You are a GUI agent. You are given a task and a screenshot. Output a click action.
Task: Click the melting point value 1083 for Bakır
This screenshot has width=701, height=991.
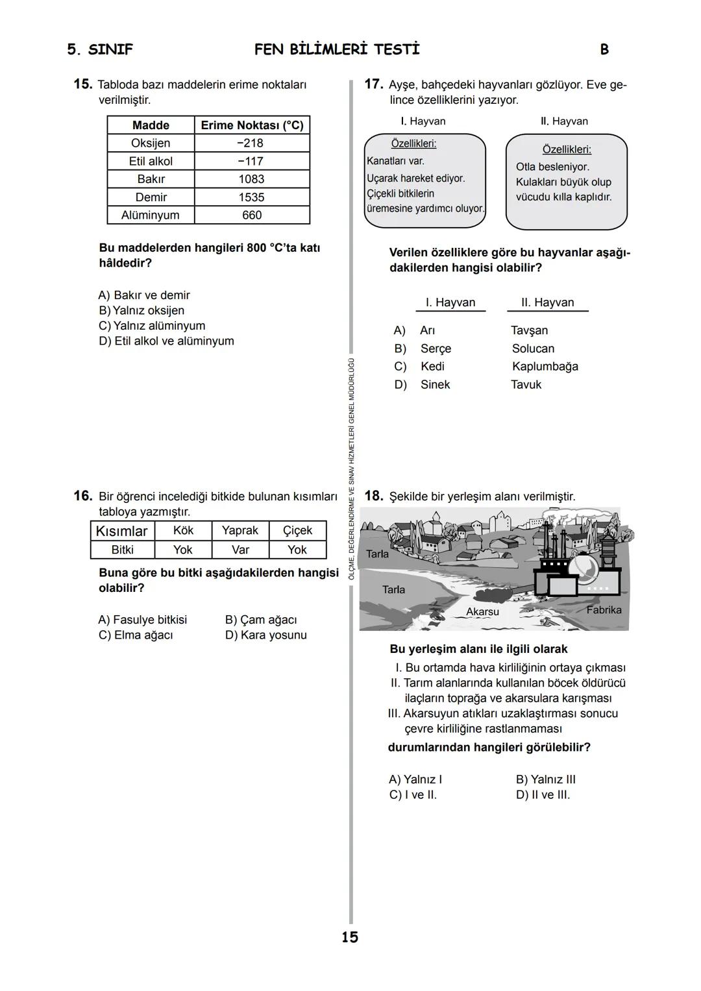tap(251, 179)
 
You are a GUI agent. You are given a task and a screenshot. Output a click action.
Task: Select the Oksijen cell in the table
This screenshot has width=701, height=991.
tap(151, 143)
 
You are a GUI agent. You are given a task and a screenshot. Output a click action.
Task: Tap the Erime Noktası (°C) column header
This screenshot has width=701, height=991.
tap(252, 125)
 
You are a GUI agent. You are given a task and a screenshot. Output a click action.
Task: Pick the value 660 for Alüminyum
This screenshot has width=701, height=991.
tap(251, 215)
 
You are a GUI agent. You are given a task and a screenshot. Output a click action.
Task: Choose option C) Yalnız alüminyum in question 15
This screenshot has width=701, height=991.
tap(152, 326)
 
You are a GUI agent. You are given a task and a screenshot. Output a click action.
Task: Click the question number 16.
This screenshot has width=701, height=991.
tap(82, 496)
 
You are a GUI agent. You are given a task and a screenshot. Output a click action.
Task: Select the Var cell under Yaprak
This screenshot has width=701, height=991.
tap(240, 550)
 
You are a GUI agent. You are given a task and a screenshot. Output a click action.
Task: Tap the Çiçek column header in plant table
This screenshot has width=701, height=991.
tap(297, 531)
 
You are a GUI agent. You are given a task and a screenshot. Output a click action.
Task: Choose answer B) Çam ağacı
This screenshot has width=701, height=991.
tap(261, 620)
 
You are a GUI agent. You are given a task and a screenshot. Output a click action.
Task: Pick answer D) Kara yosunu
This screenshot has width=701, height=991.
tap(265, 635)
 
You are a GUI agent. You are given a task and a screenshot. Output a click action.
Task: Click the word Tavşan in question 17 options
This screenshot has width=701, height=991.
tap(529, 331)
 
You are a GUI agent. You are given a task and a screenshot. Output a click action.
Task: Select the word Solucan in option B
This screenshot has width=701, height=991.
tap(533, 349)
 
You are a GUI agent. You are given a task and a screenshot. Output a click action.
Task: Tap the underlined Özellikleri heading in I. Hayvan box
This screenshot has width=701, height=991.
tap(413, 143)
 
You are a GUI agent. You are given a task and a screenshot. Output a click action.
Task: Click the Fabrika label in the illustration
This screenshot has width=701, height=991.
tap(604, 610)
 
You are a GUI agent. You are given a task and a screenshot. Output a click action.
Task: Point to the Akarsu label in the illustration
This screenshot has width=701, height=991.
tap(482, 612)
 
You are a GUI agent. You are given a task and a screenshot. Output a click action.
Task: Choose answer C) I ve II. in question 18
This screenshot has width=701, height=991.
tap(413, 795)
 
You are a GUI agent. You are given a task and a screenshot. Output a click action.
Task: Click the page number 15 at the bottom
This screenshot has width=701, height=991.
tap(350, 937)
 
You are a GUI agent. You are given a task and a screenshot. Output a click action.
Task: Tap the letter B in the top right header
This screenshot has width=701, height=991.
tap(604, 50)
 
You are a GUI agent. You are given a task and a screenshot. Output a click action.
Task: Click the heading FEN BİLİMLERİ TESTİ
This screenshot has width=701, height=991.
tap(337, 50)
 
